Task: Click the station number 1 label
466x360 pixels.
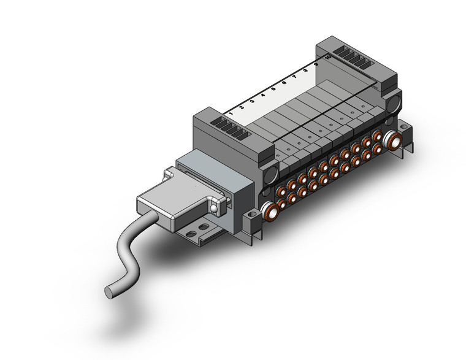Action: point(231,112)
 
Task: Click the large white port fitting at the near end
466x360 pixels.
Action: point(270,212)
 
